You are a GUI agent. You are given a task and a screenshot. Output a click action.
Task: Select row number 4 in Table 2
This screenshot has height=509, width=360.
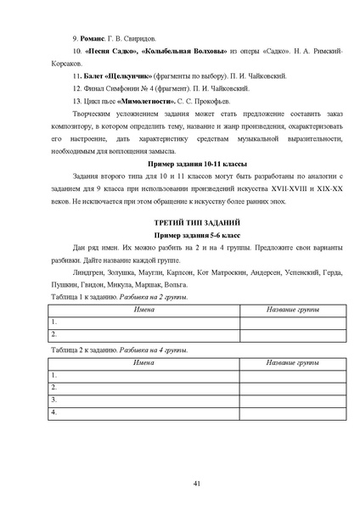[x=53, y=411]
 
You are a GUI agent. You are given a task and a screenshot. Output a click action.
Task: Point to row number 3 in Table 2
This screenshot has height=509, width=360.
[x=53, y=399]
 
